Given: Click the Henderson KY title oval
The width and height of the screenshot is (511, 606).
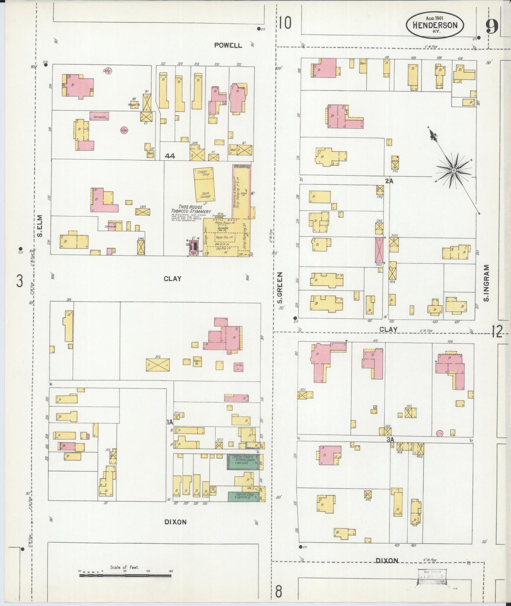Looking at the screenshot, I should [x=435, y=25].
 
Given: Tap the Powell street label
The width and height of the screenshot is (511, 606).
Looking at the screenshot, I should [x=228, y=45].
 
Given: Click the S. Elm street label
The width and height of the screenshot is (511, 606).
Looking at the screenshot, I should [x=40, y=226].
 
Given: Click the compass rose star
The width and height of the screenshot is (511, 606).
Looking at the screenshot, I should [x=454, y=171].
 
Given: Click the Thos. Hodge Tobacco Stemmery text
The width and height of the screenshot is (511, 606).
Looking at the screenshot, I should [x=191, y=209].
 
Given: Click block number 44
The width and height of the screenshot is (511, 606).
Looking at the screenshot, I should [x=170, y=156].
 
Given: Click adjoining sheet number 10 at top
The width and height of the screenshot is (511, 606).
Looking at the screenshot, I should [x=284, y=23].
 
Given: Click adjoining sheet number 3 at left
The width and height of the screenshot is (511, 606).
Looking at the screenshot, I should [x=20, y=281].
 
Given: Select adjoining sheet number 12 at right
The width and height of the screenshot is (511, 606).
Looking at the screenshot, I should [x=497, y=332].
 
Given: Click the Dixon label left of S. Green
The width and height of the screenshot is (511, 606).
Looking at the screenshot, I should [x=175, y=522].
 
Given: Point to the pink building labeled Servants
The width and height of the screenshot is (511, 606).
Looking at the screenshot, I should [x=99, y=116].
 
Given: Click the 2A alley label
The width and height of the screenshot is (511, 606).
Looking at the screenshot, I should [x=389, y=181].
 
